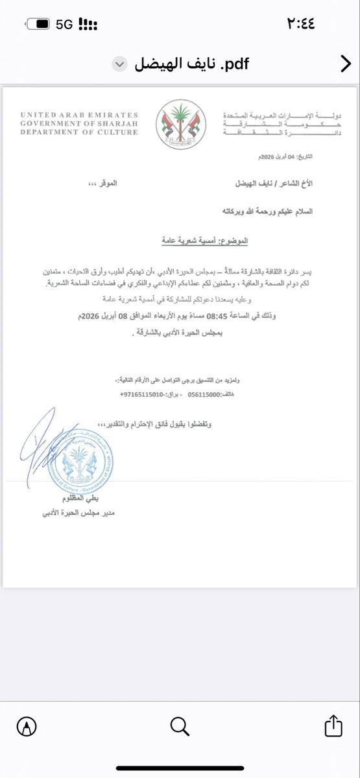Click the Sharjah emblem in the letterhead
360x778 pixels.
180,123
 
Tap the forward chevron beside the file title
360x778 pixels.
345,64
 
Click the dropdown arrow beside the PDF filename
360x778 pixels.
118,64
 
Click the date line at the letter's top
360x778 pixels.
283,158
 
